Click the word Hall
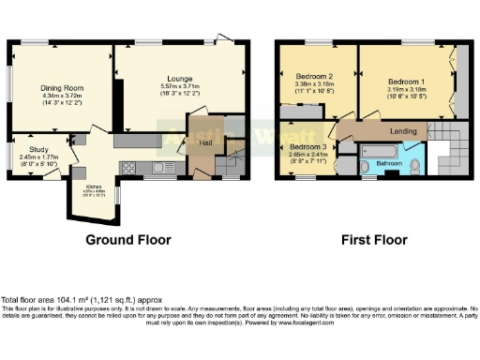click(203, 142)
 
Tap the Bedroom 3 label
click(307, 148)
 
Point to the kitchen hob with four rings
click(129, 168)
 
